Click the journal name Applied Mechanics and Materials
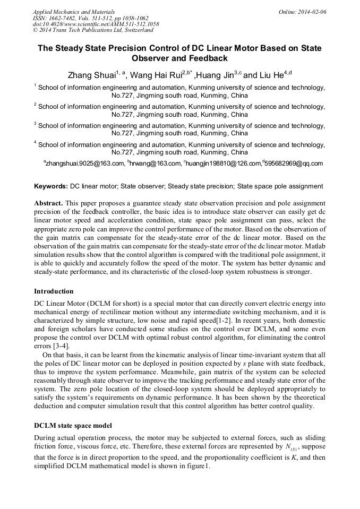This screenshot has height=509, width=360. point(73,11)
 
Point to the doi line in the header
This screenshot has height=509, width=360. point(96,24)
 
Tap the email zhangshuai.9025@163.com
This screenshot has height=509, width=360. point(85,163)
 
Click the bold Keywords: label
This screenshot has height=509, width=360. point(51,186)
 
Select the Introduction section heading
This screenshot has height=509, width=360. point(54,291)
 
